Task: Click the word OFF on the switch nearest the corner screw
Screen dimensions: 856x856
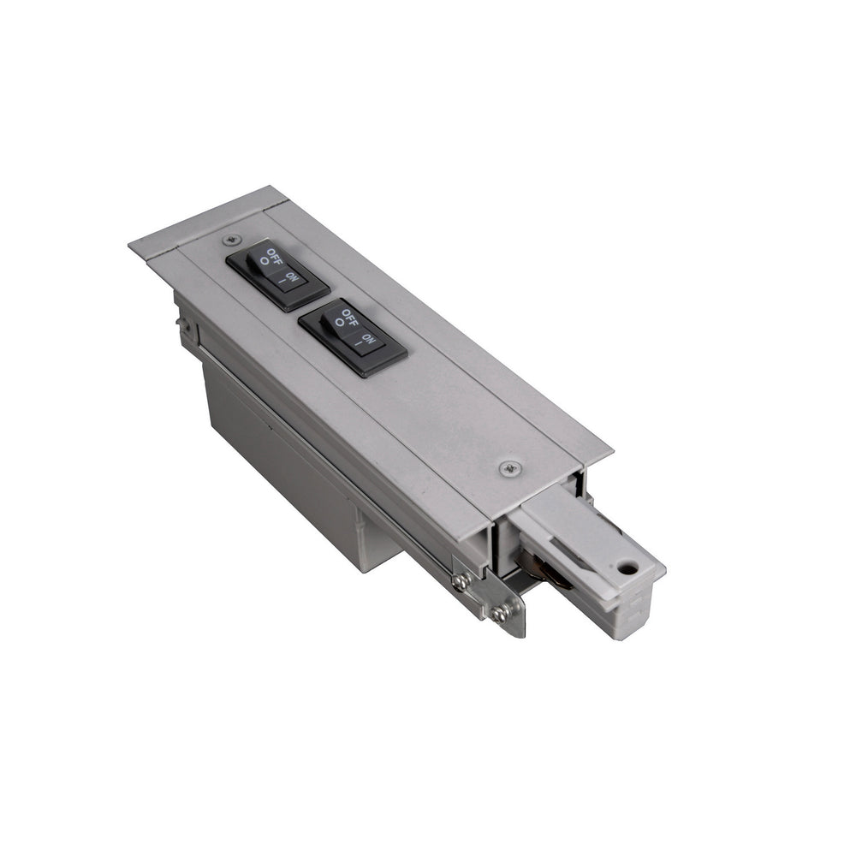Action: [271, 255]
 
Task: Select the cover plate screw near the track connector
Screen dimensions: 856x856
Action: [510, 467]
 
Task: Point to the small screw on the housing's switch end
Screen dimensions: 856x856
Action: [183, 323]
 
